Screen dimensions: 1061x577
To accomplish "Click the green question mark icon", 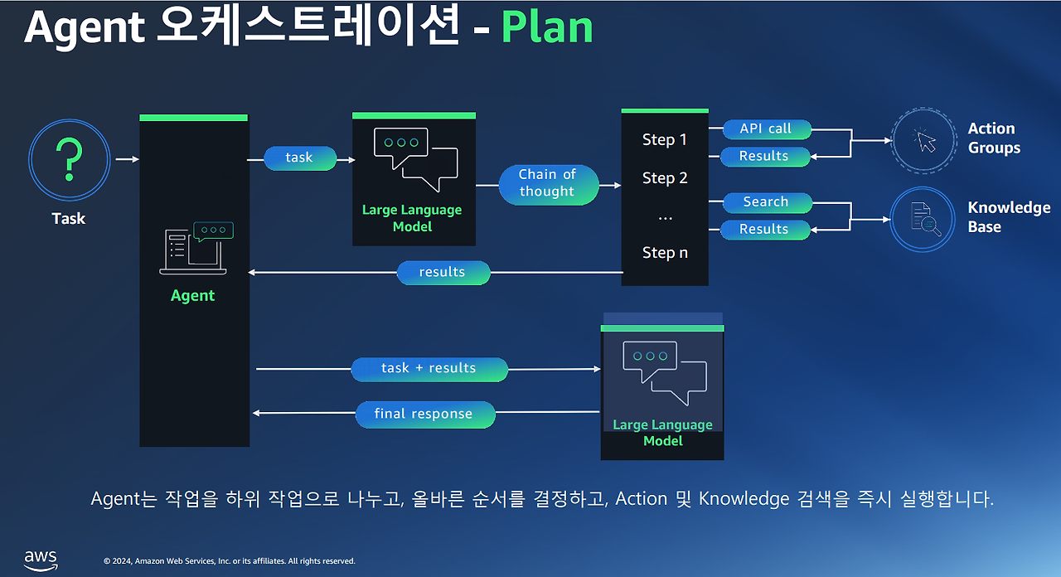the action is (x=69, y=159).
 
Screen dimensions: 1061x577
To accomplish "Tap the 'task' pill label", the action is (x=300, y=158).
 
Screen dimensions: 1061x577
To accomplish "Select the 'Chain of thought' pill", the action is (x=549, y=185).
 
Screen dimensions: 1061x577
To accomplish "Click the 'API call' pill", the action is (x=767, y=128).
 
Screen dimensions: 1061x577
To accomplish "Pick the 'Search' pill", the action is (x=767, y=202).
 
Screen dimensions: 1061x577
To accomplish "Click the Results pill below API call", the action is (x=765, y=157).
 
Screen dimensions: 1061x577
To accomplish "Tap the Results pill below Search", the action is (x=765, y=230).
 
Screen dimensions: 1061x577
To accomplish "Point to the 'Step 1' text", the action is (x=665, y=140).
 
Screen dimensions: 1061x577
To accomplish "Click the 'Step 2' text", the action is (x=665, y=178).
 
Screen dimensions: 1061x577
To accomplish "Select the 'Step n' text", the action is (x=665, y=253).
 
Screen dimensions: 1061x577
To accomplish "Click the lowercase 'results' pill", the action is (x=443, y=273).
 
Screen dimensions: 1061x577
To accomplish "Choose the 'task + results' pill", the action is (x=429, y=369).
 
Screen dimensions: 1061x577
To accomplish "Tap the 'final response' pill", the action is (x=425, y=415).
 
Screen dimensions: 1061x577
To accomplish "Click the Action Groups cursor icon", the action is (x=924, y=141).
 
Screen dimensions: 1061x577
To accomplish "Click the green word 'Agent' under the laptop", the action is (x=192, y=296).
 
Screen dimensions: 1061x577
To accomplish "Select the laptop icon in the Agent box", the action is (x=196, y=248).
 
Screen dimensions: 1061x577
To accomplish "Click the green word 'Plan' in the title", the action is (x=547, y=27).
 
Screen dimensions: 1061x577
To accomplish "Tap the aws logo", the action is (x=41, y=560).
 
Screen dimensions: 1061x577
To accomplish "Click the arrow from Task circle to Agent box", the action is (x=128, y=159).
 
